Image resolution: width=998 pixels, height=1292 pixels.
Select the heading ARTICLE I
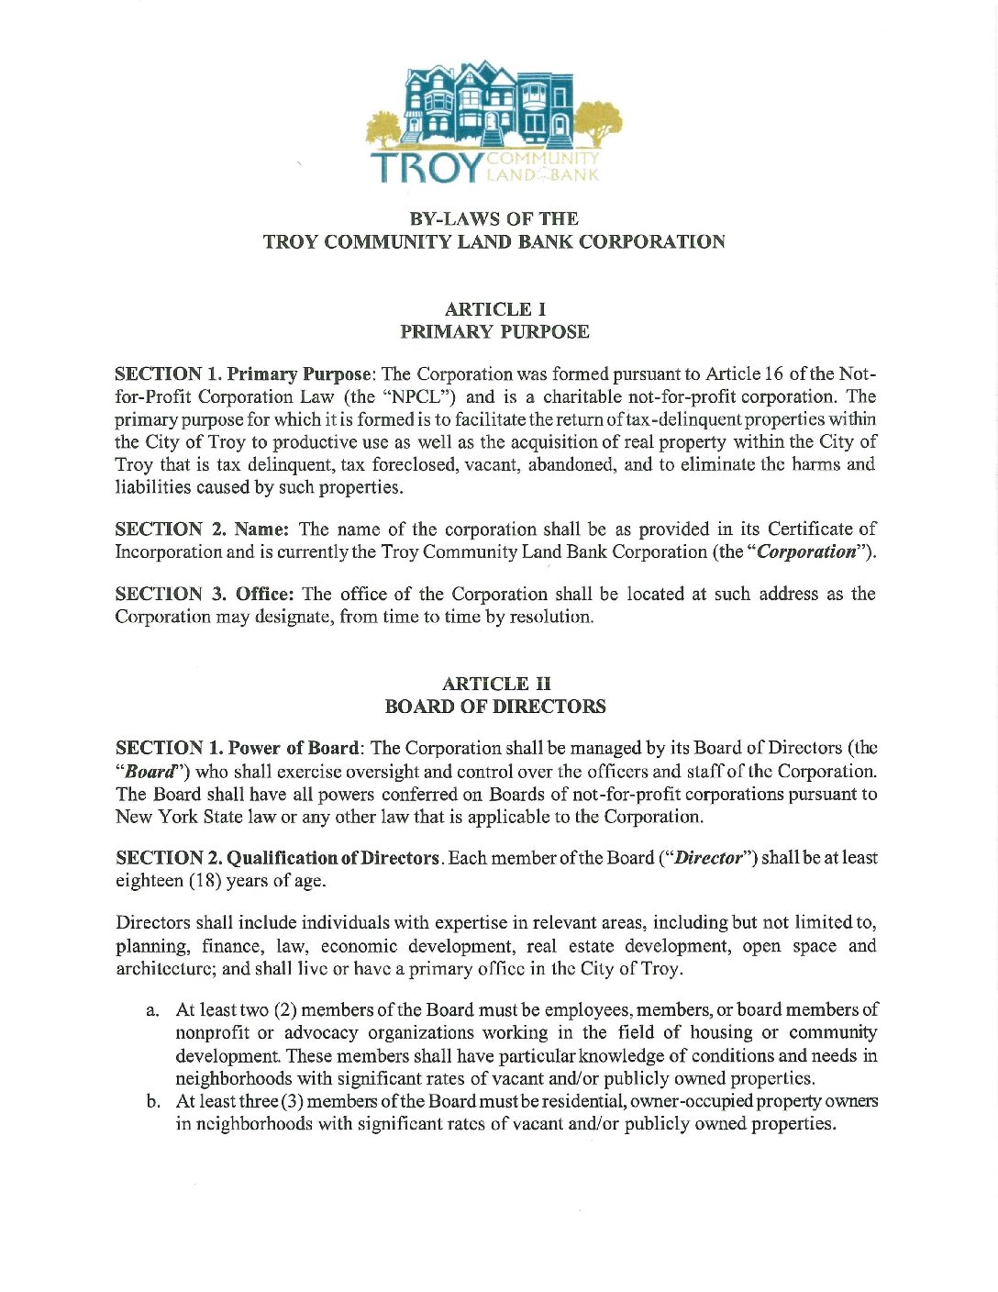[494, 309]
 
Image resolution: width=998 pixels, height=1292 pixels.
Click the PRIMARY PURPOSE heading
[494, 331]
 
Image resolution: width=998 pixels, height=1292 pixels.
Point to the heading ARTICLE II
[496, 684]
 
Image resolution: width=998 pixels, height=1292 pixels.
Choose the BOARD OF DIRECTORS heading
[495, 707]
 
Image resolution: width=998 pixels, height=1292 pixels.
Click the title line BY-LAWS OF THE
[493, 219]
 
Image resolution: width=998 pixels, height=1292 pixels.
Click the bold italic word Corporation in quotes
[805, 551]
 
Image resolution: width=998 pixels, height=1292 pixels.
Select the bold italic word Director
[708, 858]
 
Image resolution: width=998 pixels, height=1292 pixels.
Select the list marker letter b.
[153, 1101]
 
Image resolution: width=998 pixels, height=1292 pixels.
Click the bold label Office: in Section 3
[264, 594]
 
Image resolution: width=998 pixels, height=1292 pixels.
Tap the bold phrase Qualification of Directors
[333, 858]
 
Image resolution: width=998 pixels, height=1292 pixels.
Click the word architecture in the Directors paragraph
[165, 969]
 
